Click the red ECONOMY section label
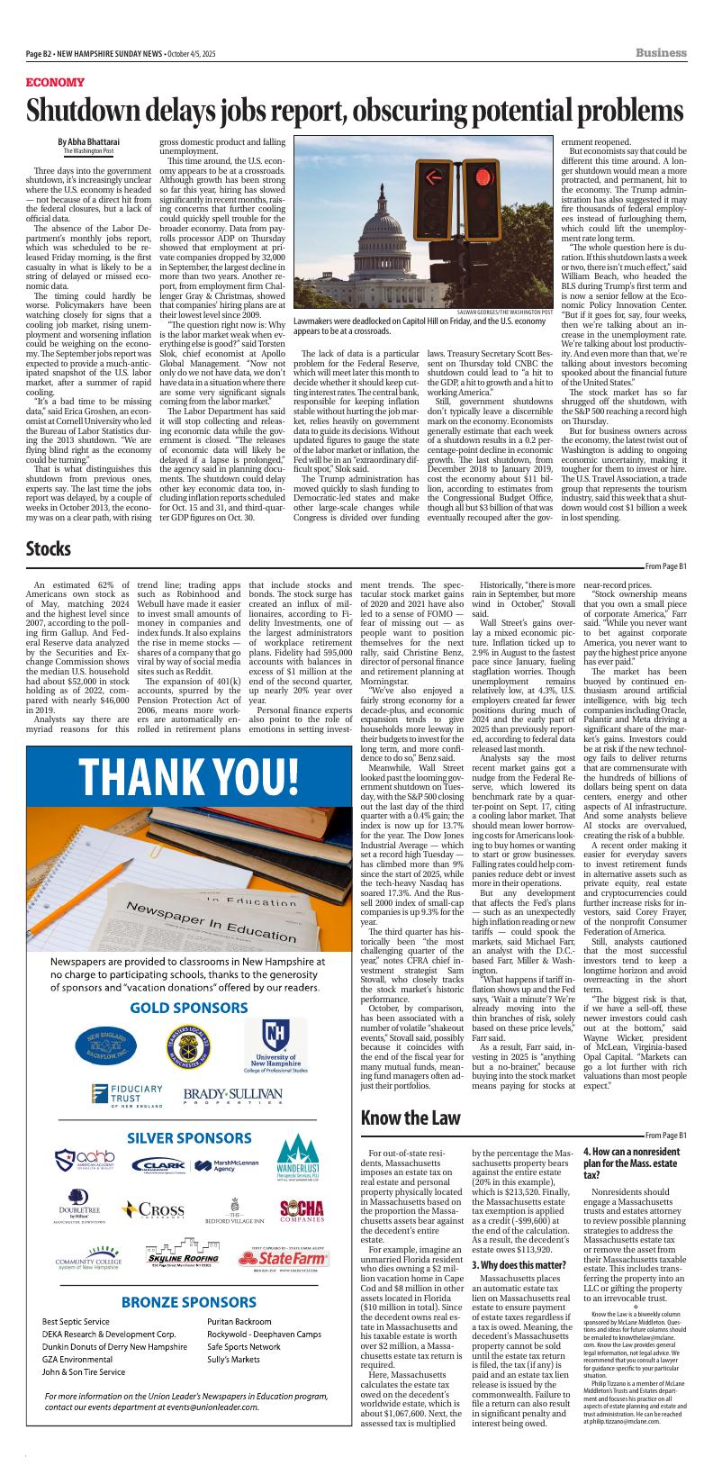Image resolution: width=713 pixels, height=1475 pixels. [56, 82]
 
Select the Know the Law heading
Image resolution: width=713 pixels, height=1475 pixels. [411, 1118]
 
